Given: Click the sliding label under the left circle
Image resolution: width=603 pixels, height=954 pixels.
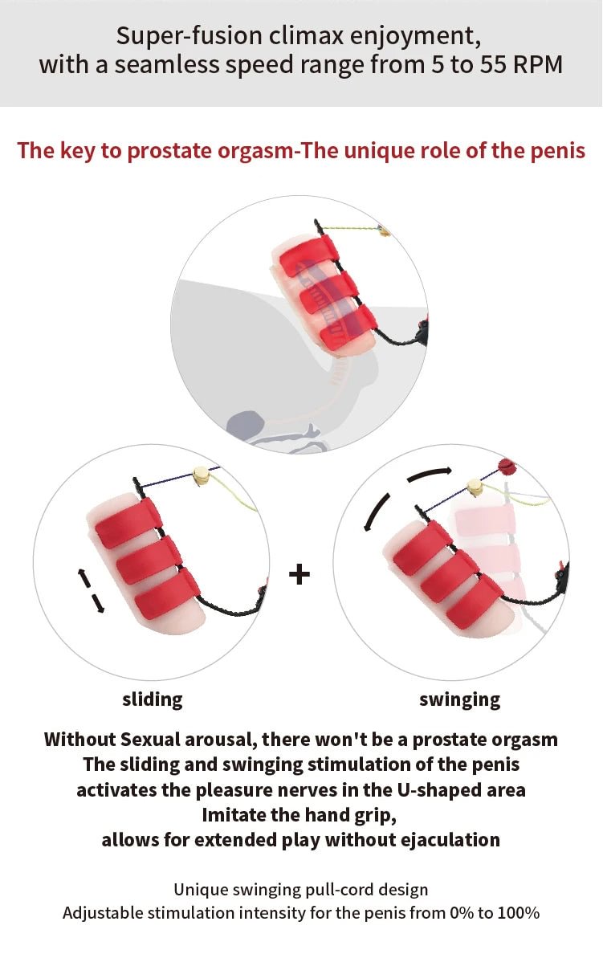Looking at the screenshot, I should (x=153, y=699).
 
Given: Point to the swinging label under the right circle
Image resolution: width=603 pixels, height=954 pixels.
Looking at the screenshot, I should (x=459, y=699).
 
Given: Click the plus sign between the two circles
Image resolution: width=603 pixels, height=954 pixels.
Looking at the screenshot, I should (x=299, y=574).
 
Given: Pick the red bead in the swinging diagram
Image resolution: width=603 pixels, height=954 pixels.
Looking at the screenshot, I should (x=506, y=466).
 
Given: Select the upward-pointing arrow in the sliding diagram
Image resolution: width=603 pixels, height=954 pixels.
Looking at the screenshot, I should (x=83, y=577).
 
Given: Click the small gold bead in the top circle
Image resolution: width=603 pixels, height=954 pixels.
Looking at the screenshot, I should (x=385, y=232).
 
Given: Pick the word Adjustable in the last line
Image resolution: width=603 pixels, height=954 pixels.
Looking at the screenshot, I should (x=103, y=913).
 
